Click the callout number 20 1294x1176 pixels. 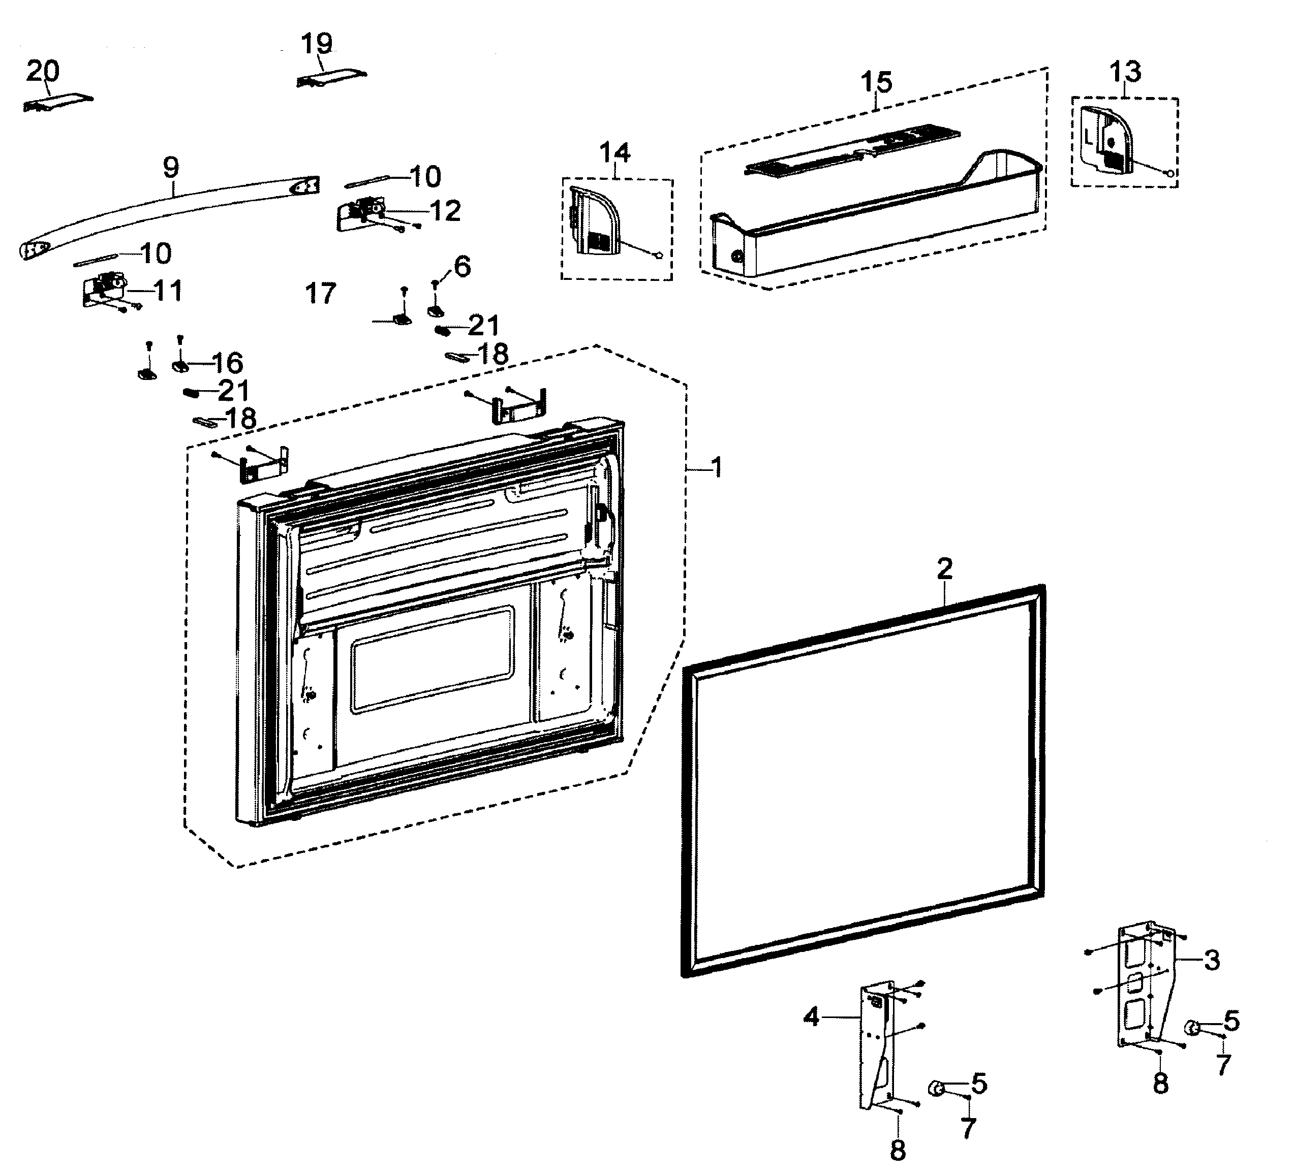pyautogui.click(x=42, y=71)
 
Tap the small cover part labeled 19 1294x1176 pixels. pyautogui.click(x=330, y=78)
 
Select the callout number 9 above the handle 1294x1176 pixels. pyautogui.click(x=171, y=168)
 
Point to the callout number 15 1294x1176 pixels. pyautogui.click(x=876, y=82)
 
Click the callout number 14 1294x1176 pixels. pyautogui.click(x=615, y=153)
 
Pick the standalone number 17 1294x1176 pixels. pyautogui.click(x=320, y=294)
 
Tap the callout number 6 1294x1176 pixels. pyautogui.click(x=462, y=266)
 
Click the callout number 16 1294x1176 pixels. pyautogui.click(x=227, y=363)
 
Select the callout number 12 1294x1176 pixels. pyautogui.click(x=445, y=211)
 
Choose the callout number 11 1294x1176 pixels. pyautogui.click(x=168, y=291)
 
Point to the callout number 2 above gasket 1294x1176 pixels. pyautogui.click(x=944, y=568)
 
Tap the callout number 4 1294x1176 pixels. pyautogui.click(x=812, y=1016)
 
